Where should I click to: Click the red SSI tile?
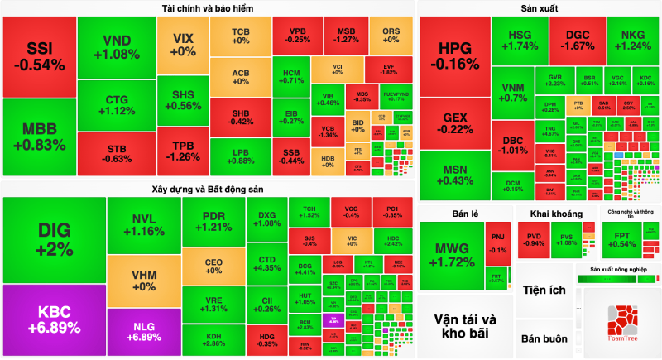coord(38,55)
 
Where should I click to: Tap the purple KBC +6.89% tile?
coord(54,319)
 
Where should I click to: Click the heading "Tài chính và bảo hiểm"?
coord(208,8)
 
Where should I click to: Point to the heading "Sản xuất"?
coord(539,8)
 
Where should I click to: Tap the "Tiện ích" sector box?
coord(544,290)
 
